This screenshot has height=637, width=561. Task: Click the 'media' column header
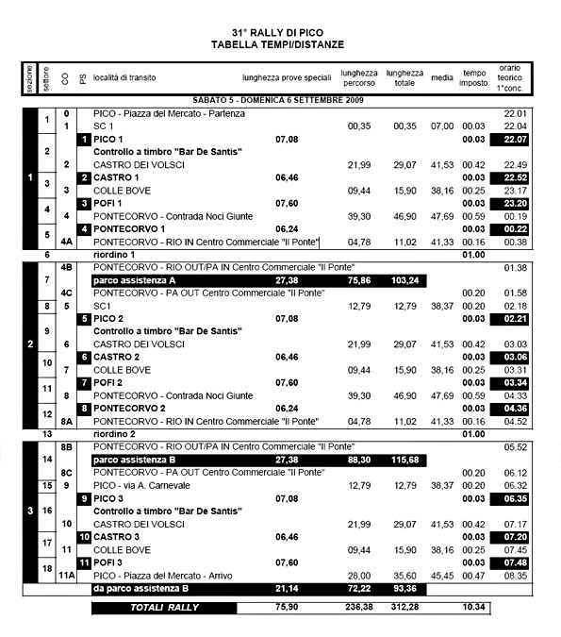tap(441, 78)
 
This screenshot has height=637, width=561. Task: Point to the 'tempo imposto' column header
tap(473, 78)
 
